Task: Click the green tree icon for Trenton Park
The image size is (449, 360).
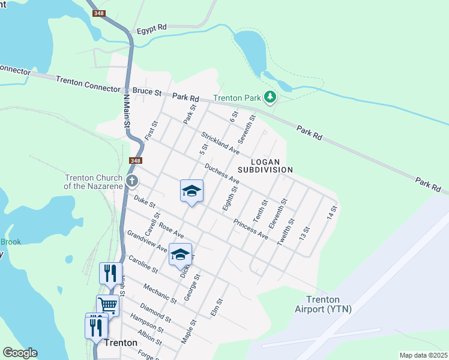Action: (x=270, y=97)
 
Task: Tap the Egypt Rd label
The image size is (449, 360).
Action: (x=151, y=28)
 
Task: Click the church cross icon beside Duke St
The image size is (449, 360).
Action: (x=132, y=180)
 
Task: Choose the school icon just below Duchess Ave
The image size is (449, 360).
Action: (x=191, y=191)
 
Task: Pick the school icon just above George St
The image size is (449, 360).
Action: (x=180, y=254)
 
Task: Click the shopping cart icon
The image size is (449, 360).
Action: (x=108, y=305)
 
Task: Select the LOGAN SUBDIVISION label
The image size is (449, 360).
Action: (x=265, y=166)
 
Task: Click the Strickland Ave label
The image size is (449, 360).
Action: (x=220, y=143)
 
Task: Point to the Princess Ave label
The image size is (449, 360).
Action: (x=250, y=228)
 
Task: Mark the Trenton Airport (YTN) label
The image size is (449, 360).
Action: (x=323, y=304)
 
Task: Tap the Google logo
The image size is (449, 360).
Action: (x=20, y=353)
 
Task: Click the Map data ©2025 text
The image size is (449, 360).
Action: (x=423, y=355)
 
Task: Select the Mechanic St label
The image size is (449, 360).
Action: (x=160, y=292)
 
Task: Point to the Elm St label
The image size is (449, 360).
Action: (x=217, y=308)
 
